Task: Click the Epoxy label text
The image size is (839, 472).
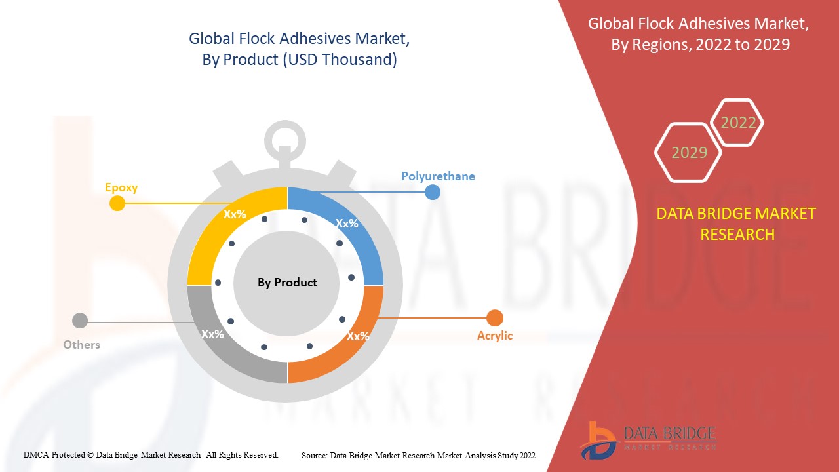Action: [x=121, y=187]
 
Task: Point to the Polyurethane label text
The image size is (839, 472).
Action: [x=438, y=176]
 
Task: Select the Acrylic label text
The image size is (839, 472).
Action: [x=495, y=336]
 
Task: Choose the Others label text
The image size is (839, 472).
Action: [x=81, y=345]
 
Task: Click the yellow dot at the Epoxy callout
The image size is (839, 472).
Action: [x=117, y=203]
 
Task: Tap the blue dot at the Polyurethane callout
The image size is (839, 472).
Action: [x=432, y=192]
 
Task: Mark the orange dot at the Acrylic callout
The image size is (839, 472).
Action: [x=495, y=318]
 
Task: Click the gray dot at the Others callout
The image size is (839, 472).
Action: [x=80, y=321]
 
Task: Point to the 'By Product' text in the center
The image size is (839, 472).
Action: [x=287, y=283]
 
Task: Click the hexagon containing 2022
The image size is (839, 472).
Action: [x=738, y=123]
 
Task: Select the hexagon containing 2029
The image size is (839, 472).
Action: [x=688, y=153]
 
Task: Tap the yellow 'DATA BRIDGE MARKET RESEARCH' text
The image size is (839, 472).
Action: [x=737, y=224]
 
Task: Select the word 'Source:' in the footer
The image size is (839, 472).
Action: [x=314, y=455]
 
